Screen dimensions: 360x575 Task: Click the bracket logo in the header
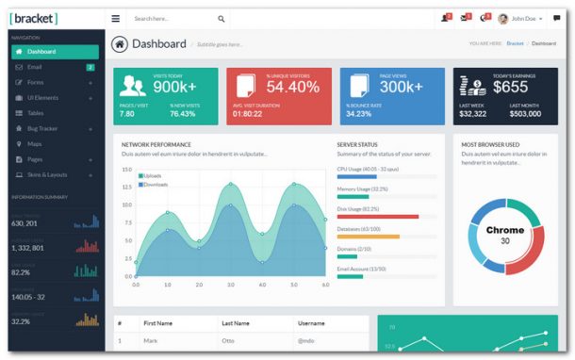coord(34,18)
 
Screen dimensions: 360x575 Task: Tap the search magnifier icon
coord(222,18)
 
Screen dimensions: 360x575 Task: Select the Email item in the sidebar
coord(34,67)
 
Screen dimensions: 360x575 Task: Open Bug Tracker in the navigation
coord(42,128)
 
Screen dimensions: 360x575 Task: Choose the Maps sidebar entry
coord(35,143)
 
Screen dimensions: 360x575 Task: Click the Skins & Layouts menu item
coord(47,174)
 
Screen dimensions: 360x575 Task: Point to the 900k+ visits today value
coord(174,86)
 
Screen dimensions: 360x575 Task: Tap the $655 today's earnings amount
coord(511,87)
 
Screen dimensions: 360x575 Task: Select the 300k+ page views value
coord(402,86)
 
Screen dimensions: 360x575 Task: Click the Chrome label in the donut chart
coord(505,230)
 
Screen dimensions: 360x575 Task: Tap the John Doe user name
coord(524,18)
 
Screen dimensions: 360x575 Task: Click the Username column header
coord(311,322)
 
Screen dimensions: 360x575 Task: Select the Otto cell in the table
coord(228,340)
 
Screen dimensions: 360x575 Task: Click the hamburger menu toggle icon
coord(115,18)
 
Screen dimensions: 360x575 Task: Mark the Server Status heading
coord(357,144)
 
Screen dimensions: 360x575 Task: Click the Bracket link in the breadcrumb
coord(515,43)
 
